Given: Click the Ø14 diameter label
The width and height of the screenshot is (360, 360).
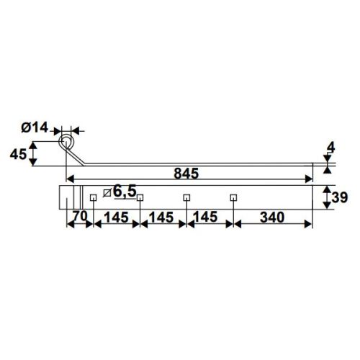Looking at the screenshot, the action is click(x=35, y=127).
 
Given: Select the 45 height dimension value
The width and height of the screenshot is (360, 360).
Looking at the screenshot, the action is click(x=18, y=154).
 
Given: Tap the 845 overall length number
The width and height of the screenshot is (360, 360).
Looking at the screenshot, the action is click(x=186, y=174).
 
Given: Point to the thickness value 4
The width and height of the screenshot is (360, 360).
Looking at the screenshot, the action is click(x=331, y=148).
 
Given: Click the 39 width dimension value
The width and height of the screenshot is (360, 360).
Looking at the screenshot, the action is click(x=339, y=197).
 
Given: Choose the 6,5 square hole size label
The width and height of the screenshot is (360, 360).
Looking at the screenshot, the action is click(x=125, y=191).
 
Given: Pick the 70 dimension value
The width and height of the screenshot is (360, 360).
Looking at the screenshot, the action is click(x=80, y=216).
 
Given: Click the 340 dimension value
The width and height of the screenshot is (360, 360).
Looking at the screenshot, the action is click(x=272, y=217).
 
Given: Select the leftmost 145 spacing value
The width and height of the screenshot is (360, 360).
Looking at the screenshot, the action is click(x=117, y=217).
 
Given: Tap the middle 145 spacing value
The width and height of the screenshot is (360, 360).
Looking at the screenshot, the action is click(x=161, y=217).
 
